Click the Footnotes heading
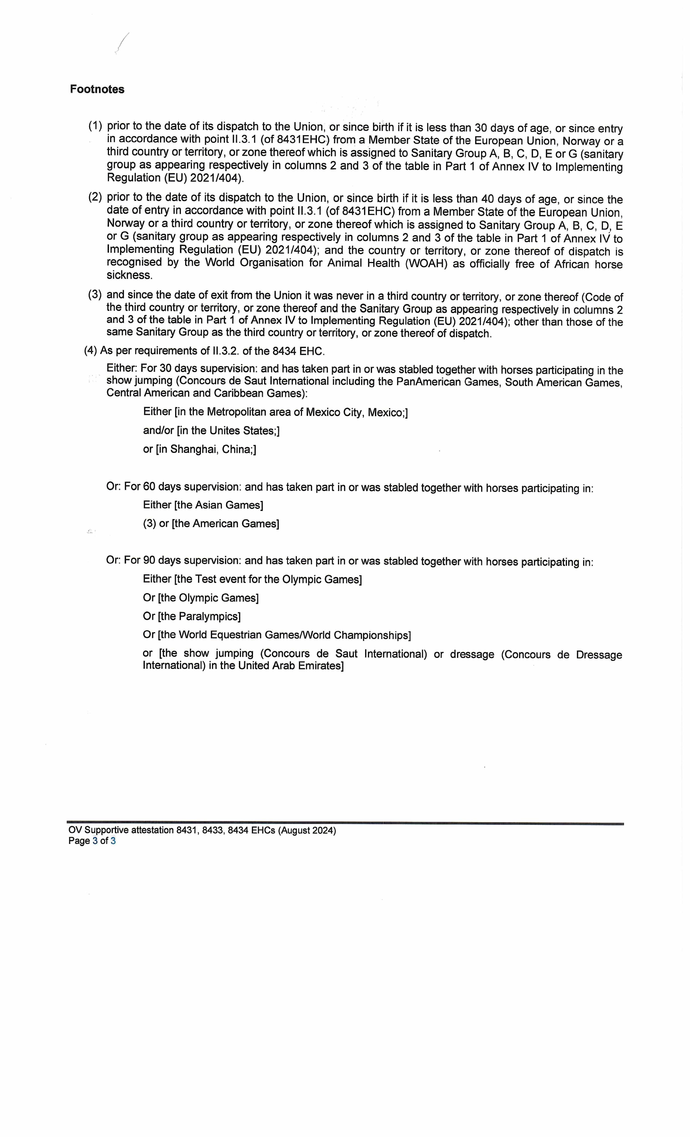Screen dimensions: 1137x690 [x=97, y=89]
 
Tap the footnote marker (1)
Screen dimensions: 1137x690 [x=95, y=126]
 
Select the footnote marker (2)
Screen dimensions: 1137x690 [x=95, y=197]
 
